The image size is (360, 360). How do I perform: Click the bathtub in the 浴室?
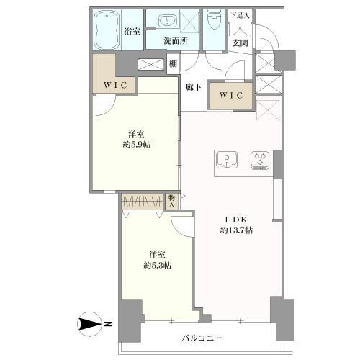(107, 30)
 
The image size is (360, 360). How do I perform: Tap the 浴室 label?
(132, 31)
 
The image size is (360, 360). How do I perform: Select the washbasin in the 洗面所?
(167, 20)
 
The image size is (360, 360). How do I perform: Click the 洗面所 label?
(176, 41)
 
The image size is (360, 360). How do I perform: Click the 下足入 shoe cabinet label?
(240, 16)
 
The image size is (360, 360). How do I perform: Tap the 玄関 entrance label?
(240, 43)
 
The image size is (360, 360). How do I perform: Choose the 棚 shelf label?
(173, 64)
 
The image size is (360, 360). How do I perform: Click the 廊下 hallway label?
(194, 87)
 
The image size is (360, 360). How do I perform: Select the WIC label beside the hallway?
(231, 96)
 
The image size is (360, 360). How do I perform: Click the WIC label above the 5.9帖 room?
(115, 85)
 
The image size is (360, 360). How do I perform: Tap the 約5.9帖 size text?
(137, 145)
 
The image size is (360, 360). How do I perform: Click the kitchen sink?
(227, 160)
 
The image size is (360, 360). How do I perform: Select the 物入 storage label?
(171, 202)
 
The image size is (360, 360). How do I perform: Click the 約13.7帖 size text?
(236, 230)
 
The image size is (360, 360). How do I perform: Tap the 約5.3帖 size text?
(158, 266)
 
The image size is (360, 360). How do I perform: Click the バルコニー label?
(202, 338)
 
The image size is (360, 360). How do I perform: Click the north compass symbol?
(90, 325)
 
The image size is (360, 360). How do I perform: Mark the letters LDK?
(235, 220)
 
